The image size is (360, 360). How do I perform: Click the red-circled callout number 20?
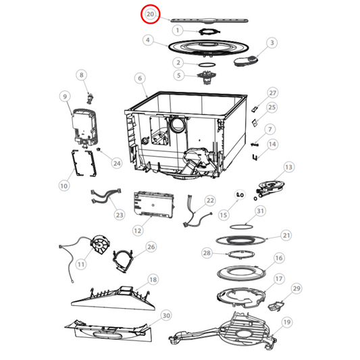150,14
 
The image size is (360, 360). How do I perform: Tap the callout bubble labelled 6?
140,79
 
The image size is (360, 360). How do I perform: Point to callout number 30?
166,315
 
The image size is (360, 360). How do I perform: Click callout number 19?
286,322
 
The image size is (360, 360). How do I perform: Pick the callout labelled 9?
66,97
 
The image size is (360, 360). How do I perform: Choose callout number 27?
273,93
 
